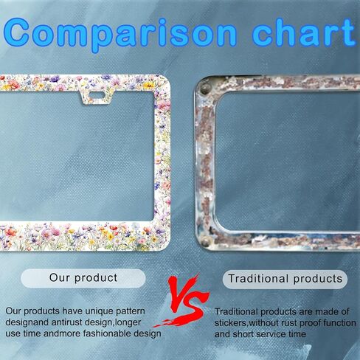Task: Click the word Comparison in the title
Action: click(120, 34)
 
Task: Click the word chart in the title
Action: click(304, 32)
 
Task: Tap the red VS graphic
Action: click(182, 302)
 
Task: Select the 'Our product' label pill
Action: click(83, 278)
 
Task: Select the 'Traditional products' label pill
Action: click(285, 279)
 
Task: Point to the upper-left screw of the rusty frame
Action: click(204, 89)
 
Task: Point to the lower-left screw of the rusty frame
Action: click(205, 240)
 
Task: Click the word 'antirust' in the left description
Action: click(66, 322)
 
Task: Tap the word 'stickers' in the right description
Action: click(230, 323)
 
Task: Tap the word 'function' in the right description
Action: click(339, 323)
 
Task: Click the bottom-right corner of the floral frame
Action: click(168, 248)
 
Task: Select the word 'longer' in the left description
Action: click(128, 322)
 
